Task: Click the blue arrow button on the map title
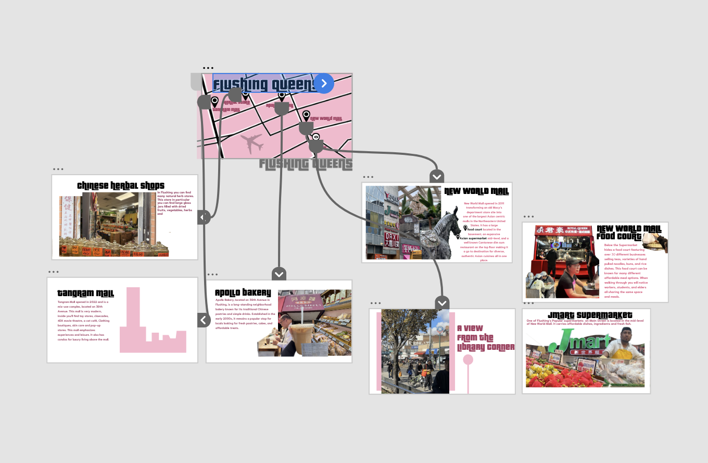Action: tap(324, 83)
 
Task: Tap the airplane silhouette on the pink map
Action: tap(252, 143)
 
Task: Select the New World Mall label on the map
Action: tap(326, 119)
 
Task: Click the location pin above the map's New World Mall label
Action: tap(306, 115)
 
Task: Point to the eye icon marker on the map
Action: tap(315, 137)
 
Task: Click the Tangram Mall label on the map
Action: tap(226, 110)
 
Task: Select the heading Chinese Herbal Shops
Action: tap(121, 186)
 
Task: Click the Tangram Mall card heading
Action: tap(85, 294)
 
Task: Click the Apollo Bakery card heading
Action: tap(243, 293)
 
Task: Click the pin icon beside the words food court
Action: tap(465, 228)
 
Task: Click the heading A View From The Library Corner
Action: tap(485, 337)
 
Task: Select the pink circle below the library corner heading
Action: tap(468, 359)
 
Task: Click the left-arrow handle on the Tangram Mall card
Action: tap(204, 320)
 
